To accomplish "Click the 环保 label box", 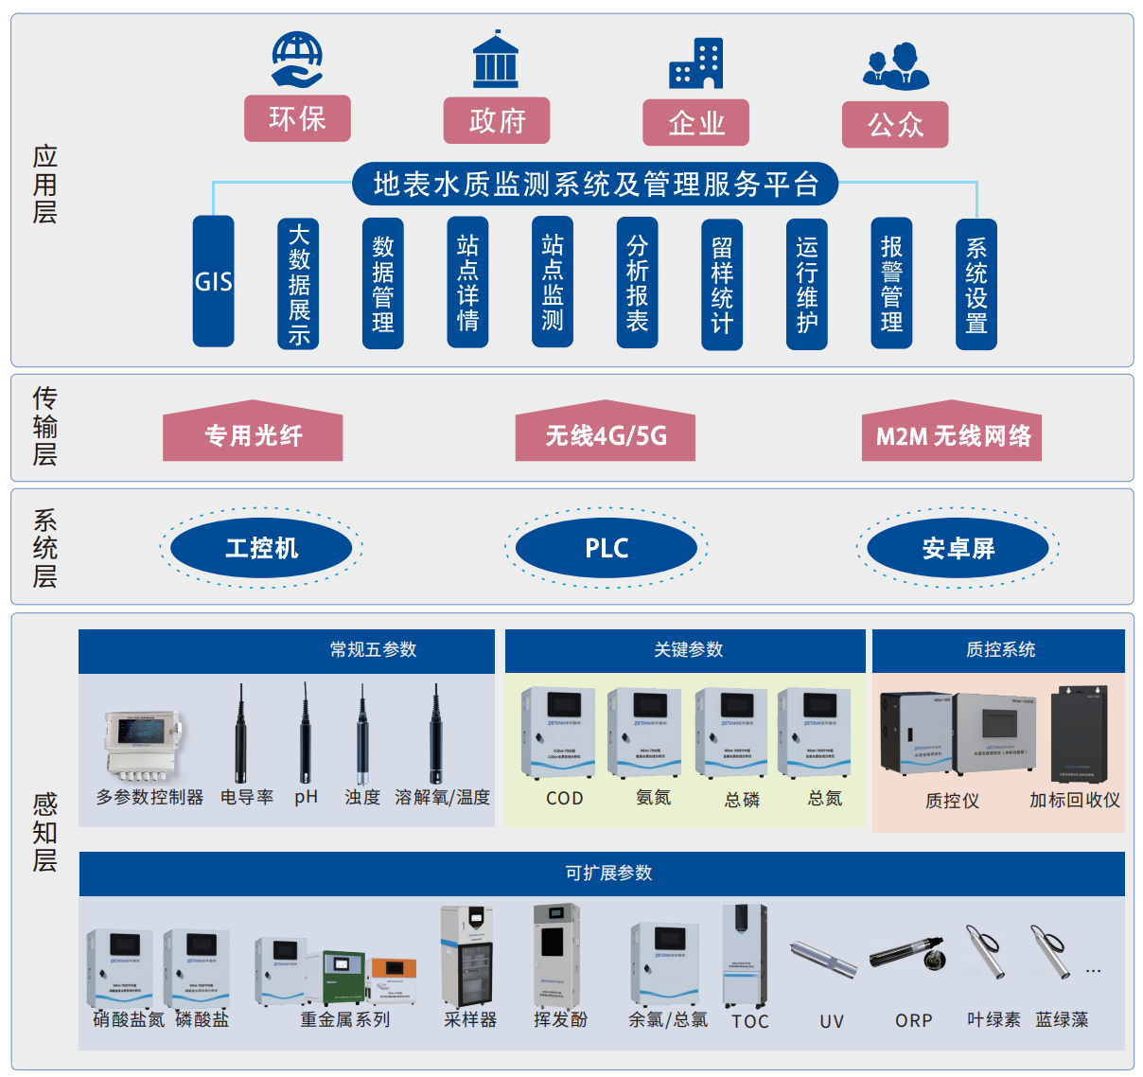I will point(297,118).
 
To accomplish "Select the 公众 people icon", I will point(895,66).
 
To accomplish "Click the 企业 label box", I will point(695,123).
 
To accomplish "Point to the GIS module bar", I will point(213,281).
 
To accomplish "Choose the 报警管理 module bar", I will point(891,284).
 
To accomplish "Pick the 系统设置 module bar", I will point(976,285).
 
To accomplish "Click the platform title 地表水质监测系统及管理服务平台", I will point(595,184).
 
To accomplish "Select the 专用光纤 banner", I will point(253,436).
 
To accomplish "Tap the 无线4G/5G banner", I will point(606,436).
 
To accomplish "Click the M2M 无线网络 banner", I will point(952,436).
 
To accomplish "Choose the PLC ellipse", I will point(607,548).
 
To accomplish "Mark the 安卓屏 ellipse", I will point(958,548).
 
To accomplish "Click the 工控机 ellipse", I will point(261,548).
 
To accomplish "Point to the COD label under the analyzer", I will point(565,799).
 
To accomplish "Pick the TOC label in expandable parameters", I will point(750,1021).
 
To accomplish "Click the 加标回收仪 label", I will point(1075,801).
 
